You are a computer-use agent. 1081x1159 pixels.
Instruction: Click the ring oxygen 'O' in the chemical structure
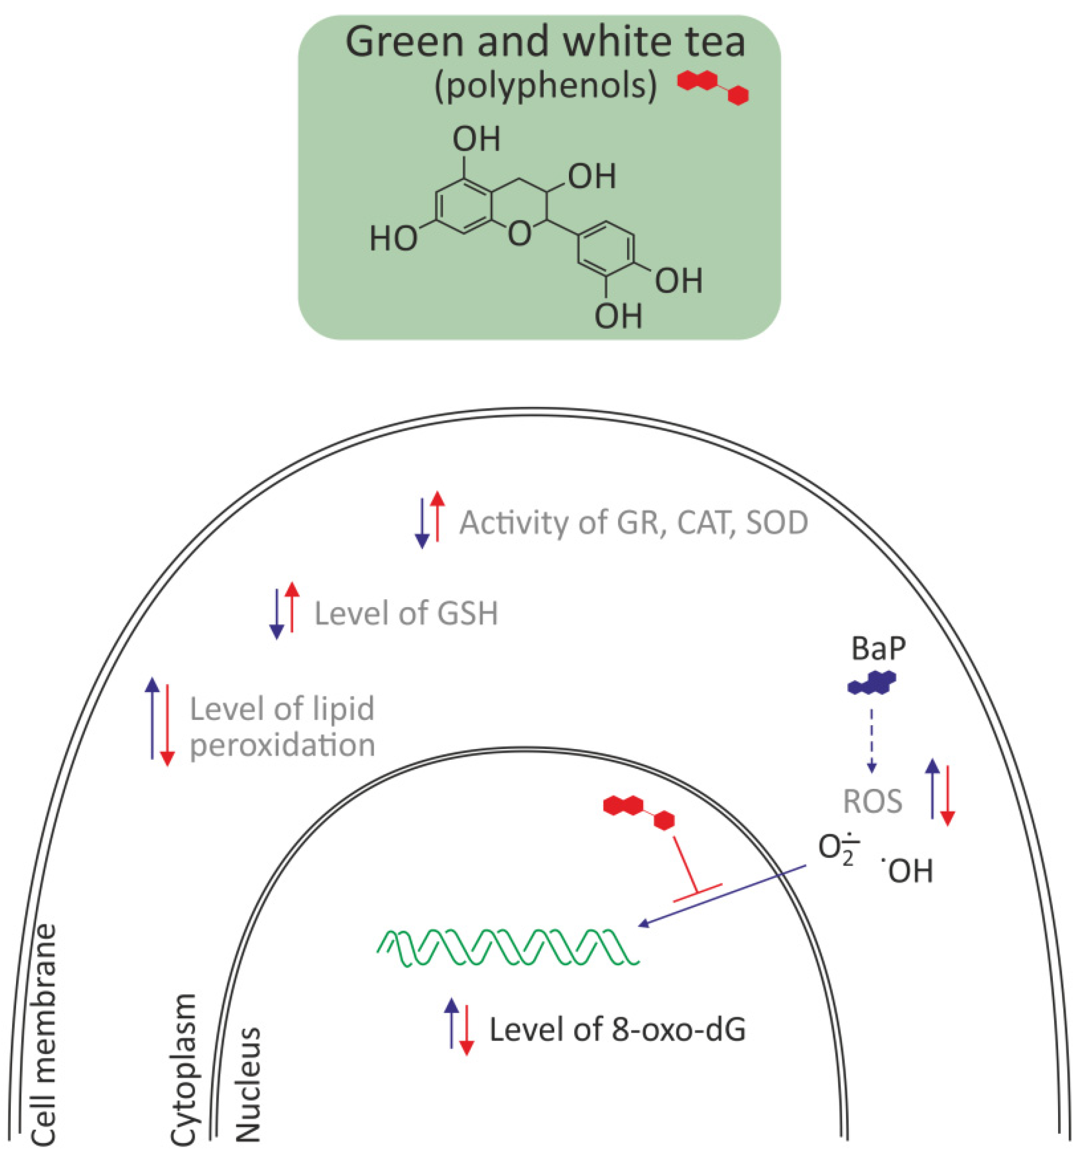pos(519,234)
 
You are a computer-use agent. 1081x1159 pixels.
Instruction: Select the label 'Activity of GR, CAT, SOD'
pos(633,523)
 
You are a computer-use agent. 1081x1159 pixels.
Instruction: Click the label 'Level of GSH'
pos(406,614)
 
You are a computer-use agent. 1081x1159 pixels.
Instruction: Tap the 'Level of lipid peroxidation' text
pos(282,727)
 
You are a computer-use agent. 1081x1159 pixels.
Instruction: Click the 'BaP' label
pos(878,648)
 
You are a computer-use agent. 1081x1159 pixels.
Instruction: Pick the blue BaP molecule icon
pos(871,682)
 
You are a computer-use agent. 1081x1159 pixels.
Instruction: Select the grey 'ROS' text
pos(872,801)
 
